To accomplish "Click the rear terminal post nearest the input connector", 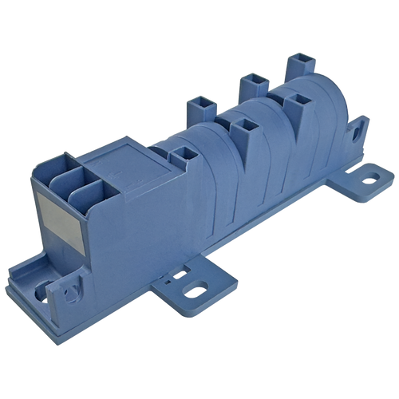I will coord(196,105).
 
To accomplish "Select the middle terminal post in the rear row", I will coord(251,81).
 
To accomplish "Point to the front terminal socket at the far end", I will coord(298,101).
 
